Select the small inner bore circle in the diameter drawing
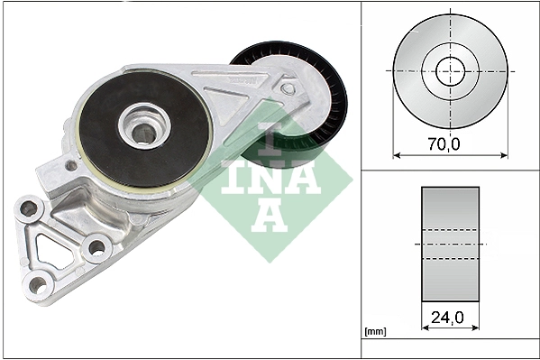click(x=450, y=70)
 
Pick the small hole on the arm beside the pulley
click(x=288, y=89)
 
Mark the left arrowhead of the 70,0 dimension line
click(x=397, y=154)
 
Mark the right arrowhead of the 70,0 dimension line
click(x=504, y=154)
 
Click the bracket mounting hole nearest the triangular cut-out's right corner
click(x=96, y=246)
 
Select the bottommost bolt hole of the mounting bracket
click(x=37, y=285)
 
